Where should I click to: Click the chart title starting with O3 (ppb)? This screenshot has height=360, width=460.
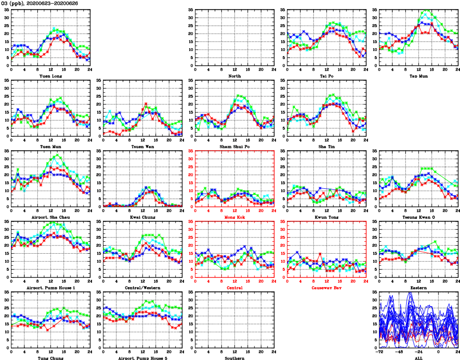point(40,3)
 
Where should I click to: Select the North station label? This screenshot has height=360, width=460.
point(235,76)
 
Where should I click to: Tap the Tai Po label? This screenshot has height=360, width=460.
point(327,76)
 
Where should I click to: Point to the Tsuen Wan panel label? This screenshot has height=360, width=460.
point(143,146)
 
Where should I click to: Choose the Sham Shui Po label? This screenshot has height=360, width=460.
point(235,146)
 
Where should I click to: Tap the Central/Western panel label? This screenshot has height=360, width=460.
point(143,288)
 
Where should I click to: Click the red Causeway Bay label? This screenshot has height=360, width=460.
point(327,288)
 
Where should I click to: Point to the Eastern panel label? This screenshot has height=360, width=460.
point(419,288)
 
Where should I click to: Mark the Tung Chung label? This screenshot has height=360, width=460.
point(51,358)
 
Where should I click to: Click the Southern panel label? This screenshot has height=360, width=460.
point(235,358)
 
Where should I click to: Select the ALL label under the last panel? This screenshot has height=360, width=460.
point(419,358)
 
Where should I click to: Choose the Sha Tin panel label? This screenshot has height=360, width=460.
point(327,146)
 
